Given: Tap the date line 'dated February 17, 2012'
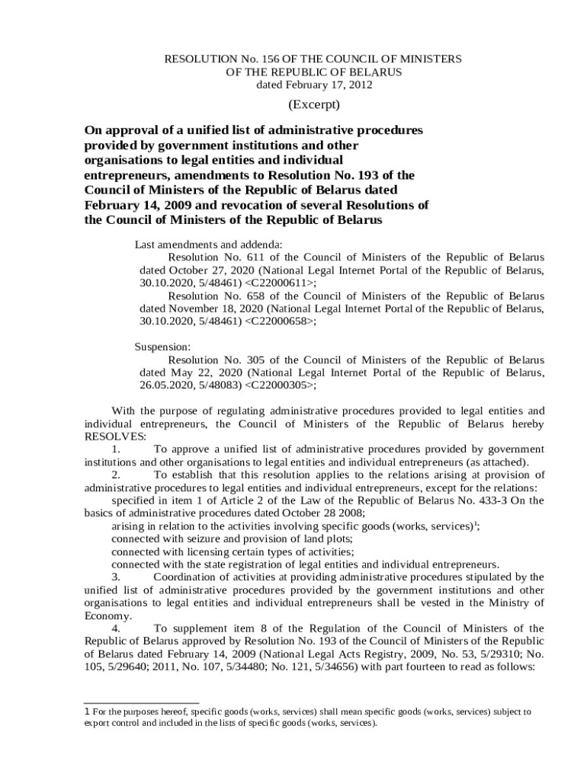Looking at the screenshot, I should [313, 85].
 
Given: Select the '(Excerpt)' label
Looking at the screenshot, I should [313, 104].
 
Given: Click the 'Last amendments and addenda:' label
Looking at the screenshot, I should [208, 245].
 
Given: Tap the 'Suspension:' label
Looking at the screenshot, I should [162, 347].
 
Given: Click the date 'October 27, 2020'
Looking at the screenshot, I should [210, 270].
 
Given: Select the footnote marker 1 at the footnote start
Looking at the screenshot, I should [87, 711].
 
